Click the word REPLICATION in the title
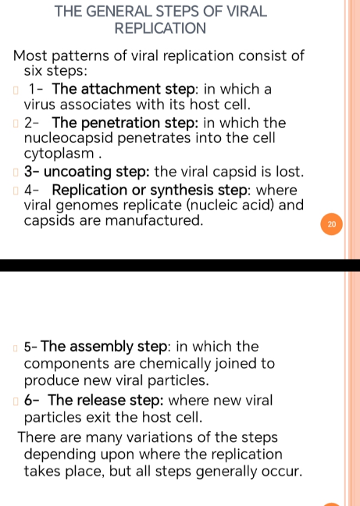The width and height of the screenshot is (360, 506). pos(160,28)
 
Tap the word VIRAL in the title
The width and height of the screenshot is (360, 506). pos(247,11)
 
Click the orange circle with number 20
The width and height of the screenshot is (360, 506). pos(332,224)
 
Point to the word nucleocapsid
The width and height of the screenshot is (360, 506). pos(69,137)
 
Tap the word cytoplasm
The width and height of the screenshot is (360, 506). pos(59,154)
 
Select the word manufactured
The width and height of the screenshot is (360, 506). pos(154,220)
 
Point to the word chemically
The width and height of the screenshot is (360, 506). pos(176,364)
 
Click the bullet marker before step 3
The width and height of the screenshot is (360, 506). pos(16,173)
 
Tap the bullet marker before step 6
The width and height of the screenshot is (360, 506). pos(16,401)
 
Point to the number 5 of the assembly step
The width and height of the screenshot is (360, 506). pos(28,347)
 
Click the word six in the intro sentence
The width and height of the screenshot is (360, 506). pos(34,71)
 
